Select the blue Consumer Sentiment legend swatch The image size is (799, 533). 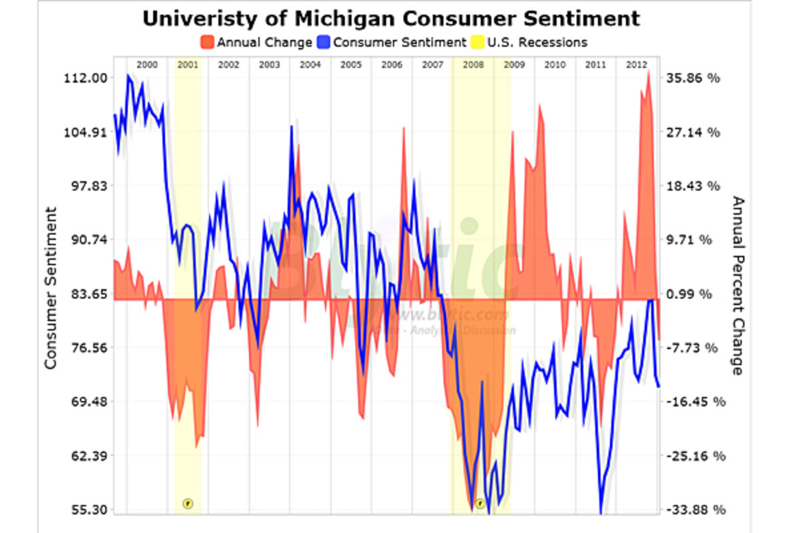[x=324, y=42]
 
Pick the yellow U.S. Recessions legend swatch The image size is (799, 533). [x=477, y=42]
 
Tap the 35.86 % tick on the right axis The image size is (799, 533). [x=692, y=78]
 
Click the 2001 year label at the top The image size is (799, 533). [x=188, y=65]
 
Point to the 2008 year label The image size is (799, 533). [x=473, y=65]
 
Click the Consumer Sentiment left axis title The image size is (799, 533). [x=51, y=288]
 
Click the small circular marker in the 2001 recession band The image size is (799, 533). [x=188, y=503]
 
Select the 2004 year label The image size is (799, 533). [x=310, y=65]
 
